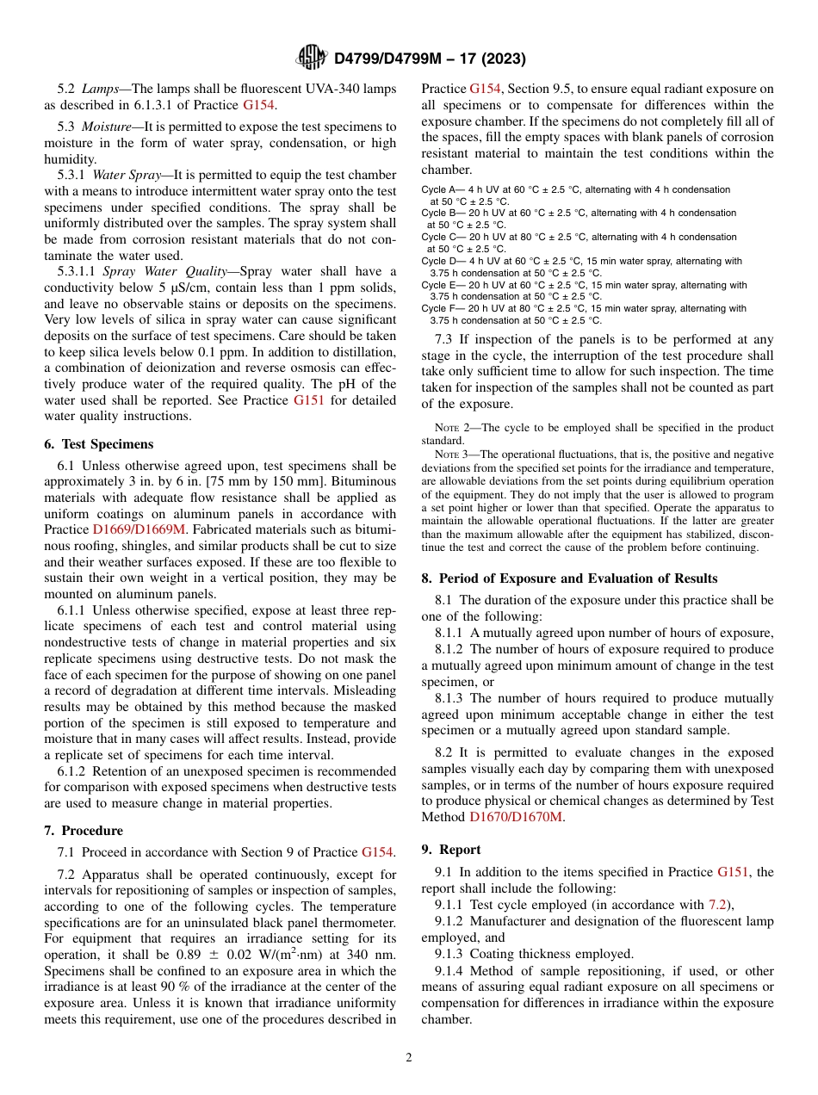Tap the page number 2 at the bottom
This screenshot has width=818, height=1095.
(409, 1058)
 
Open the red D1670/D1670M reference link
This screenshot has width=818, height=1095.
(516, 817)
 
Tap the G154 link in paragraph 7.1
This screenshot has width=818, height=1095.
(377, 852)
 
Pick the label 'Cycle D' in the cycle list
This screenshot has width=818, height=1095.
(439, 261)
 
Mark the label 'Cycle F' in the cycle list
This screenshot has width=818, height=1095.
(438, 308)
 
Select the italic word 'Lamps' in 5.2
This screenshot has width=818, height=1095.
(101, 89)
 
